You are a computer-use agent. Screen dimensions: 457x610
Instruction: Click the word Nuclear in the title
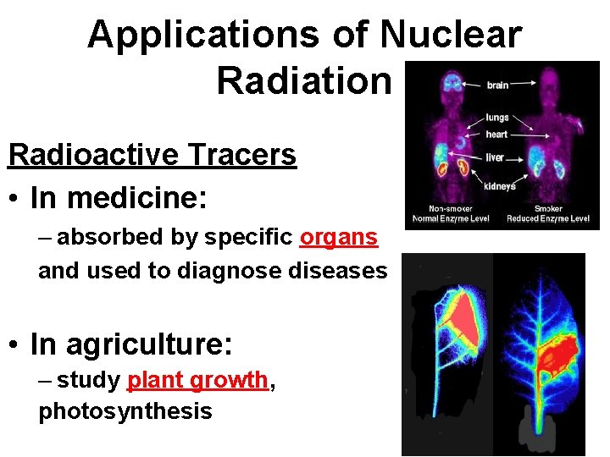click(x=451, y=36)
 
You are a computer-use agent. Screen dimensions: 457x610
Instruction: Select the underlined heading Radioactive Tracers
click(x=152, y=156)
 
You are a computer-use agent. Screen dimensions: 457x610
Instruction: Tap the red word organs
click(x=339, y=238)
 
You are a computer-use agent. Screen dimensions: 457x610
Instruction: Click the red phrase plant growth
click(x=197, y=381)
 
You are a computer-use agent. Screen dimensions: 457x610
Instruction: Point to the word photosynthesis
click(x=125, y=412)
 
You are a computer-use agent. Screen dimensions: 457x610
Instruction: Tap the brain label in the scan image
click(x=497, y=85)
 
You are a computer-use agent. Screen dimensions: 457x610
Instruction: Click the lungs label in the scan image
click(x=497, y=118)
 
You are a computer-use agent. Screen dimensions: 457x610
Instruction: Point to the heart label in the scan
click(x=497, y=135)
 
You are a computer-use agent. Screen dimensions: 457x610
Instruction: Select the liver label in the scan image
click(x=496, y=157)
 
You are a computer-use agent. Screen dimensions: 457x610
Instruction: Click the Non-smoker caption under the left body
click(x=451, y=209)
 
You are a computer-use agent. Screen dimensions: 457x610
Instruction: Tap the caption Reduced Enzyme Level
click(x=547, y=219)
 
